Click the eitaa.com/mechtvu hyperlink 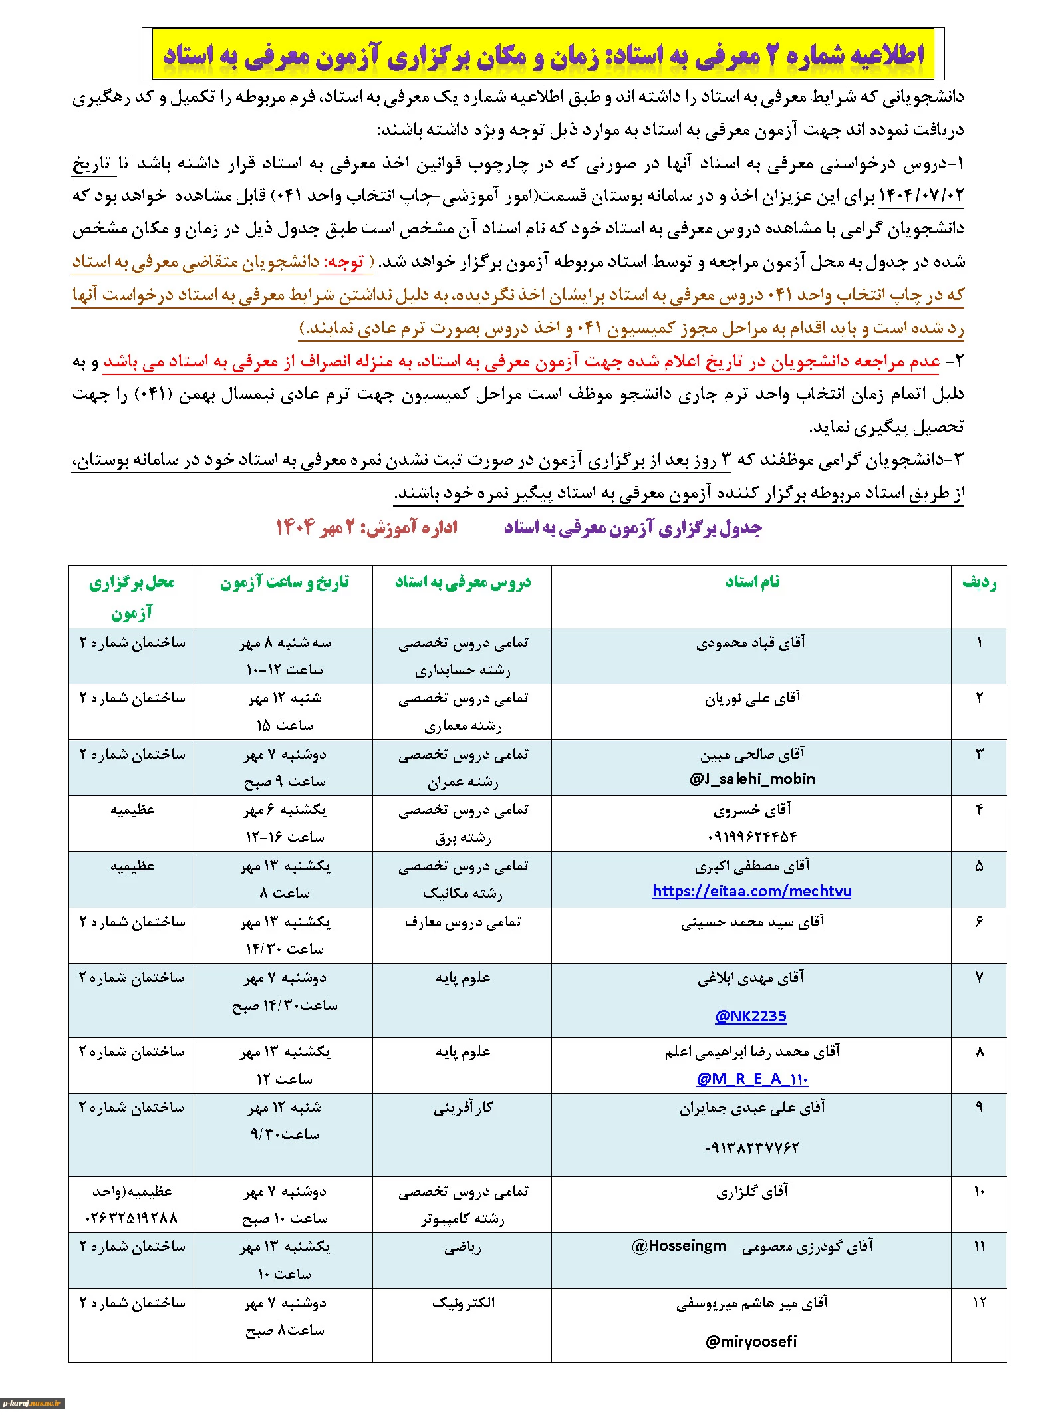tap(751, 891)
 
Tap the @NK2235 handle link tap(751, 1016)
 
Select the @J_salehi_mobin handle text tap(752, 779)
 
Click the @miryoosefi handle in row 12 tap(751, 1341)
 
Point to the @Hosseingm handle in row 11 tap(679, 1246)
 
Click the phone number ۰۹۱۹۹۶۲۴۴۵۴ tap(752, 836)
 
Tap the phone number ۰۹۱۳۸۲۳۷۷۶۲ tap(751, 1147)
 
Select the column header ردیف tap(979, 582)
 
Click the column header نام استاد tap(752, 582)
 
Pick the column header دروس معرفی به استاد tap(463, 582)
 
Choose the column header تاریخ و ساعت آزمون tap(284, 582)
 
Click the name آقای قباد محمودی tap(751, 642)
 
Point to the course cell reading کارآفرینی tap(463, 1108)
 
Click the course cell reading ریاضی tap(463, 1247)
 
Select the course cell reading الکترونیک tap(463, 1303)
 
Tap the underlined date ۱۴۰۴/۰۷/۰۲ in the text tap(920, 196)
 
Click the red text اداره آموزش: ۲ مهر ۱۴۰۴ tap(366, 528)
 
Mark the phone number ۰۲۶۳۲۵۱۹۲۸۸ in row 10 tap(131, 1218)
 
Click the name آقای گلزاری tap(751, 1192)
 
